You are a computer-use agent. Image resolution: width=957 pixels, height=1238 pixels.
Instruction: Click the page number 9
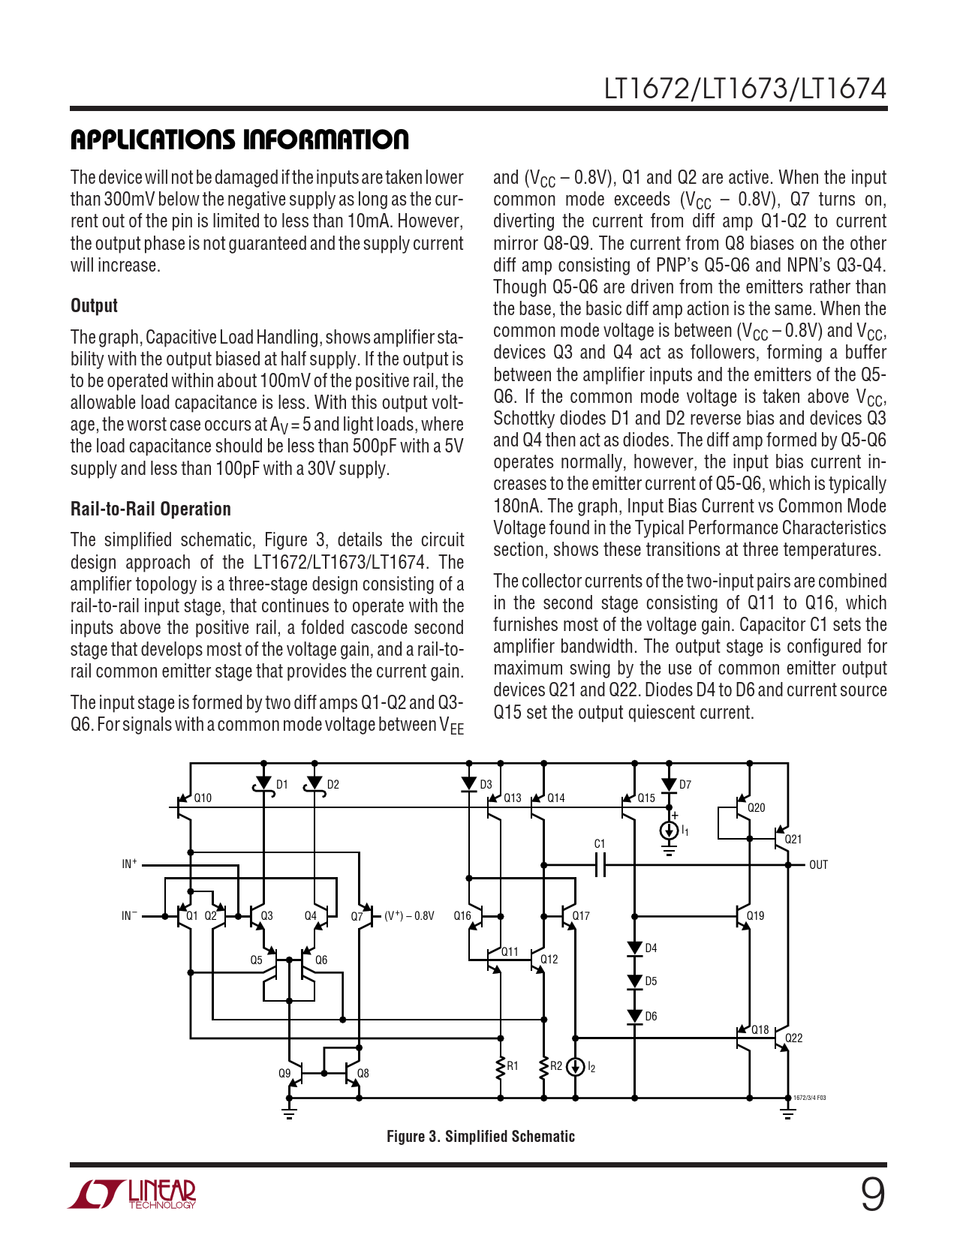coord(872,1194)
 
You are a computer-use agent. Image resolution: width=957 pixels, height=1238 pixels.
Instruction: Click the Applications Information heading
coord(239,140)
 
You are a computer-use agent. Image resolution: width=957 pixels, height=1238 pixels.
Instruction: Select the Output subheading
coord(94,305)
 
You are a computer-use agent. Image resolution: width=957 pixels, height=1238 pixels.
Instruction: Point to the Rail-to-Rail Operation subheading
coord(150,509)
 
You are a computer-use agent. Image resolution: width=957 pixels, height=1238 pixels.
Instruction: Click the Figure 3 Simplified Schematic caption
coord(480,1136)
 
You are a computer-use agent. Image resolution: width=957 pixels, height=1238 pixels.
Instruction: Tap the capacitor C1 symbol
coord(600,865)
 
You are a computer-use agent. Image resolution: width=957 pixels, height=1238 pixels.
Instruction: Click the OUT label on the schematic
coord(818,865)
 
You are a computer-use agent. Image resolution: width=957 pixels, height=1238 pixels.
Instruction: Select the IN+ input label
coord(129,864)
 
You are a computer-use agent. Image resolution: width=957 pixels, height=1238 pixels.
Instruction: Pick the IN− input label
coord(129,915)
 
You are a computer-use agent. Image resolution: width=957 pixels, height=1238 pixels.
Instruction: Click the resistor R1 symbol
coord(501,1067)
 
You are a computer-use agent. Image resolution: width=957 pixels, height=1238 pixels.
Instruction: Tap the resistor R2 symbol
coord(544,1067)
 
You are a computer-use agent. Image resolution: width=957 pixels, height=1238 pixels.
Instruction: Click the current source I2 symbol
coord(575,1067)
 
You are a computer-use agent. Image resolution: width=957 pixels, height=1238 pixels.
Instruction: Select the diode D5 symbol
coord(635,981)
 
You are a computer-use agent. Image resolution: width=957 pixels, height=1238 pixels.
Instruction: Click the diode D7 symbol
coord(669,785)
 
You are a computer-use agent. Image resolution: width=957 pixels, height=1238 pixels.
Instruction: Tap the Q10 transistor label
coord(203,798)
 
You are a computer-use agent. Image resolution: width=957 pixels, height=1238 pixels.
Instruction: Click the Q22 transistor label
coord(793,1038)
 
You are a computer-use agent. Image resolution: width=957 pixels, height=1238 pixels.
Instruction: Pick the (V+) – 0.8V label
coord(409,916)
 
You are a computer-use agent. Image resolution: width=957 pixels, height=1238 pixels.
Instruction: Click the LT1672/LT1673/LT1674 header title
coord(745,89)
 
